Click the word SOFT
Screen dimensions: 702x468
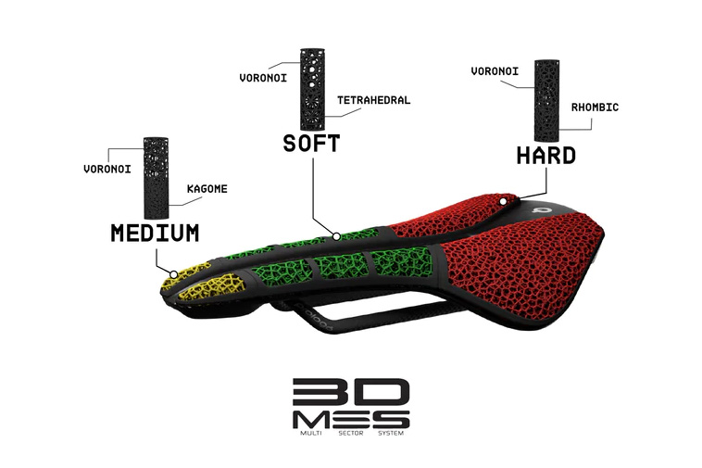click(311, 144)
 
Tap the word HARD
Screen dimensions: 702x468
click(546, 156)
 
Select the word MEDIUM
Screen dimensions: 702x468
click(155, 233)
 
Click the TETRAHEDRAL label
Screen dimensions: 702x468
click(374, 100)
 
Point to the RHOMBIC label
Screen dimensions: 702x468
click(595, 107)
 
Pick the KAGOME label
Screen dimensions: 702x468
click(207, 188)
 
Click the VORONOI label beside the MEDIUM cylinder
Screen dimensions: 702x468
click(107, 169)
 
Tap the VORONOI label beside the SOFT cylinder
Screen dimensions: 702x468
click(263, 78)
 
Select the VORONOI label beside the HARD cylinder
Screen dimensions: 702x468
click(495, 70)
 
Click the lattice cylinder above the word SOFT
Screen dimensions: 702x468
click(313, 88)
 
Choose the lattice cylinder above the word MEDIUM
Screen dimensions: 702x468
click(156, 178)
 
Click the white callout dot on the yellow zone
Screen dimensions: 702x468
click(174, 274)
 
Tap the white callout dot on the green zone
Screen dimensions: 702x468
click(336, 236)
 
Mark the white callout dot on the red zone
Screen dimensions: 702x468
click(503, 201)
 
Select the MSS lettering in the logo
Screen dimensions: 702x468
click(351, 420)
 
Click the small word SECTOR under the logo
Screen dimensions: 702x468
click(351, 433)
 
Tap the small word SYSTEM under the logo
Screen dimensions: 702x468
click(391, 433)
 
